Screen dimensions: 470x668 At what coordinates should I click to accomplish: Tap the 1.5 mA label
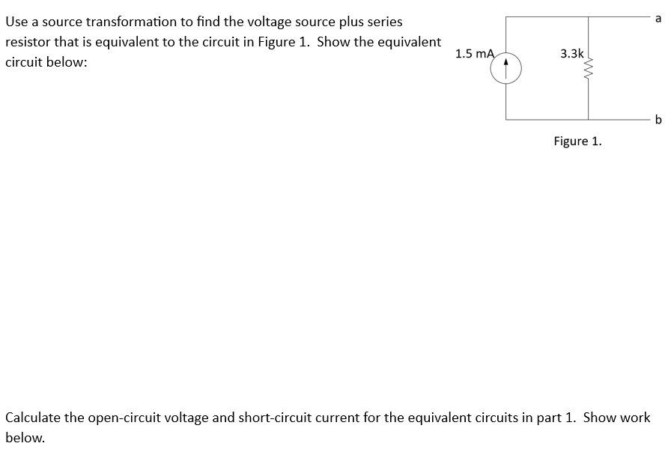click(x=475, y=53)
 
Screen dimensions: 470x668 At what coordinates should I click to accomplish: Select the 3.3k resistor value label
click(x=572, y=53)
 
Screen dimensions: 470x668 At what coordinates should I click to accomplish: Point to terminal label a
click(x=658, y=19)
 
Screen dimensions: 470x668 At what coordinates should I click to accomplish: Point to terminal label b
click(x=658, y=119)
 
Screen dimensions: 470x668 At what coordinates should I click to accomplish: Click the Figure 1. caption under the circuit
click(x=577, y=141)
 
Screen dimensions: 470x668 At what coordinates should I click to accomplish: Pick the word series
click(x=384, y=22)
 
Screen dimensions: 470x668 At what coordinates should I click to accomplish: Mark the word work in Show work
click(x=634, y=418)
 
